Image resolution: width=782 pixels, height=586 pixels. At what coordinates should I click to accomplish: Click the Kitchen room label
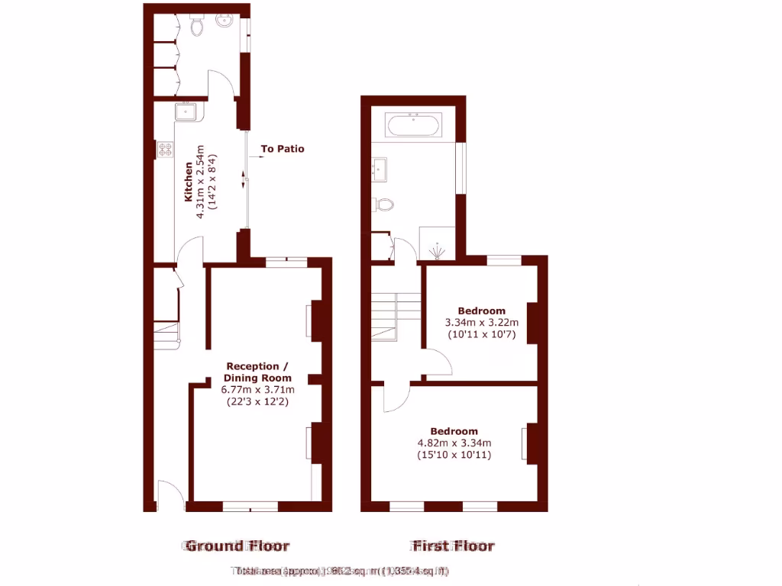(x=188, y=182)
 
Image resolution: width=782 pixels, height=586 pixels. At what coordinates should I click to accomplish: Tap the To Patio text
(x=282, y=149)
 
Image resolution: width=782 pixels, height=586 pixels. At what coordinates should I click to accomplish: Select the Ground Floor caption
(x=238, y=546)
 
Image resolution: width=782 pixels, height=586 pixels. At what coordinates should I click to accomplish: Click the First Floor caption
(x=454, y=546)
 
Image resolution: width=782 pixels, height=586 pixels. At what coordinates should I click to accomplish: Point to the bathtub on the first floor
(x=413, y=125)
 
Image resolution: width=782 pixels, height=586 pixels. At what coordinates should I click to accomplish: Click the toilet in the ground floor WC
(x=198, y=27)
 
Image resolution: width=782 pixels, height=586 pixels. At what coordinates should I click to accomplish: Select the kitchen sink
(x=186, y=112)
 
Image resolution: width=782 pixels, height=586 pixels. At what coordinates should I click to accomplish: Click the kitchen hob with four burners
(x=165, y=149)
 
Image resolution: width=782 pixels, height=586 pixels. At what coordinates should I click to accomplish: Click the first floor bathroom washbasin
(x=380, y=166)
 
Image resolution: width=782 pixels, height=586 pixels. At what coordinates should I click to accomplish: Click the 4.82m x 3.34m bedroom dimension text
(x=454, y=443)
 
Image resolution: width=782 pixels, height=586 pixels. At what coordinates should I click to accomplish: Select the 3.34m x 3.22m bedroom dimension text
(x=481, y=322)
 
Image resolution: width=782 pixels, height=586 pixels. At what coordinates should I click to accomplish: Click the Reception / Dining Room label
(x=257, y=372)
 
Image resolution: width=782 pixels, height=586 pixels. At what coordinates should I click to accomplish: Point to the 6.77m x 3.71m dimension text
(x=257, y=389)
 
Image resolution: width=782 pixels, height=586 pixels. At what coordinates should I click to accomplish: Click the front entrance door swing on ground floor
(x=170, y=494)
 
